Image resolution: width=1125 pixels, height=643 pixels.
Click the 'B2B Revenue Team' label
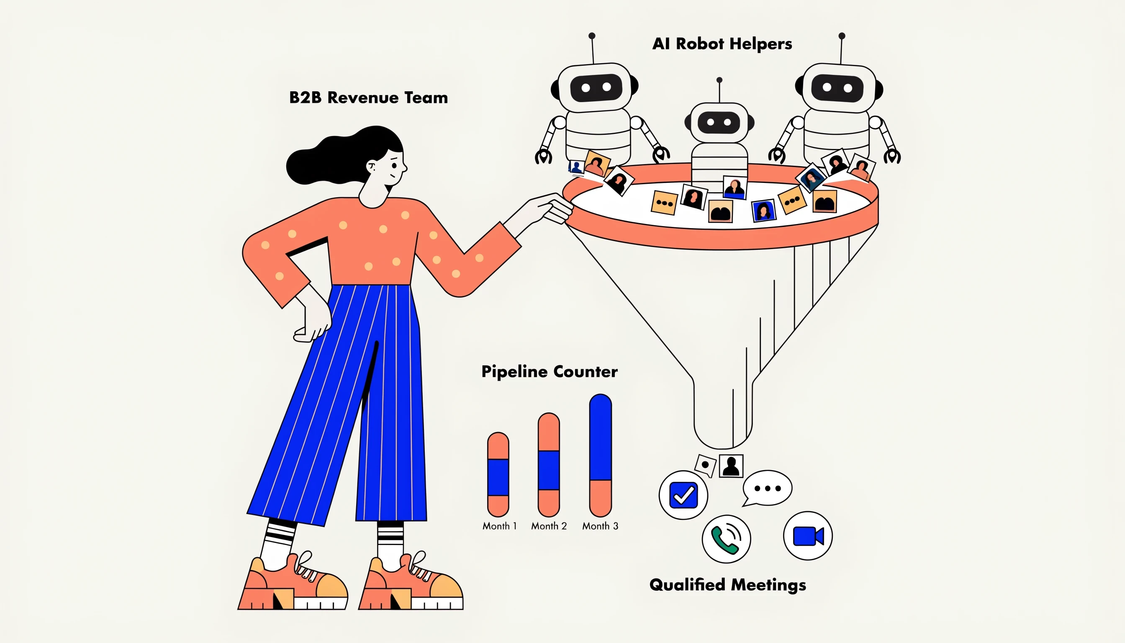(x=368, y=98)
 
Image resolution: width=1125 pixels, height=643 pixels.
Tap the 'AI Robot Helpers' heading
(x=722, y=44)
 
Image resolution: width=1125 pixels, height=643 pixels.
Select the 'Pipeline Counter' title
(x=549, y=372)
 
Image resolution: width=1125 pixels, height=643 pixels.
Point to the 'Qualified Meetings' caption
(x=728, y=585)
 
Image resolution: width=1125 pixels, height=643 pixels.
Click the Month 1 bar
(x=498, y=474)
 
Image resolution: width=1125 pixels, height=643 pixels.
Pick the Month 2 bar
(x=548, y=465)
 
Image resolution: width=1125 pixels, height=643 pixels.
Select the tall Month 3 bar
(x=601, y=455)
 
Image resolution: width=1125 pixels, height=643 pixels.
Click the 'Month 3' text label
(x=600, y=526)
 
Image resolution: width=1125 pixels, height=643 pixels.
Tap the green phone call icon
(x=726, y=539)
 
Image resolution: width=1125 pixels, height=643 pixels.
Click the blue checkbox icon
(x=683, y=495)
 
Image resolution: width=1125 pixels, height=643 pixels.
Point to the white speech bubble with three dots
(x=767, y=488)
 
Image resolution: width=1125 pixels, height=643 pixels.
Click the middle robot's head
(x=719, y=122)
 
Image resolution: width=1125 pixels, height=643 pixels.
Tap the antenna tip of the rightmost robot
(x=842, y=36)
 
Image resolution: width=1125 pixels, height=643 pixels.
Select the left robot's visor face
(x=596, y=87)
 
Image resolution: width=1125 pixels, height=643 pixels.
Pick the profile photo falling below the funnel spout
(x=731, y=466)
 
